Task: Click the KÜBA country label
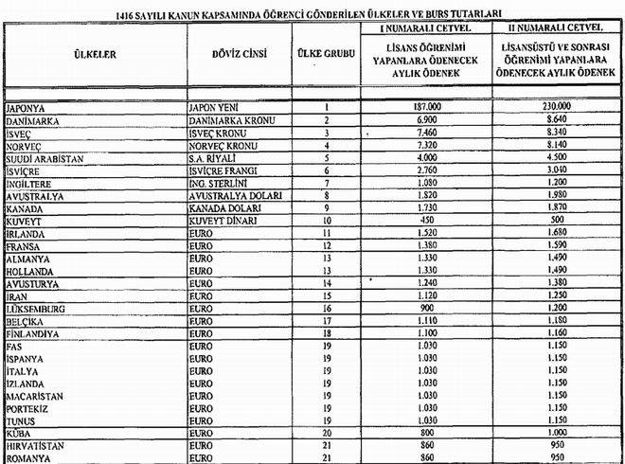(21, 431)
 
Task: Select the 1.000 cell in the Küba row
(556, 431)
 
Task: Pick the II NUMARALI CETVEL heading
(556, 29)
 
